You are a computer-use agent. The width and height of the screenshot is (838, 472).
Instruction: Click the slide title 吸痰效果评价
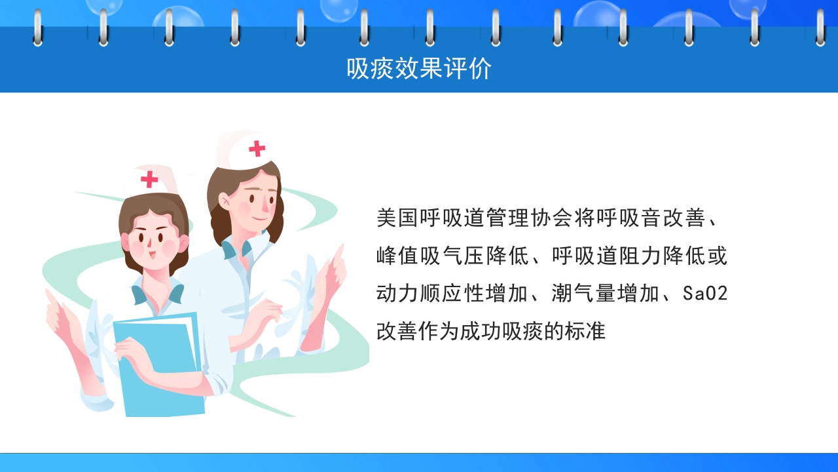coord(419,68)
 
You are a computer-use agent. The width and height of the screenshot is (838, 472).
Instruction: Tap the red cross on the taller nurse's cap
coord(257,149)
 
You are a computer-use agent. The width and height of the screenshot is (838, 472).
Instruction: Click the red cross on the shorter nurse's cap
coord(150,179)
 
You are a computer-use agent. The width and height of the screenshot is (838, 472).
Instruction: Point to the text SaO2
coord(705,294)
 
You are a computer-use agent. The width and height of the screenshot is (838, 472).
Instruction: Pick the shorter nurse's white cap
coord(151,180)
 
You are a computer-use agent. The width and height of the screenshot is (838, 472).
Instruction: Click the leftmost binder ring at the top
coord(37,28)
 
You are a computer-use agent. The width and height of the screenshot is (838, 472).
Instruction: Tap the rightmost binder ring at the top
coord(820,28)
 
